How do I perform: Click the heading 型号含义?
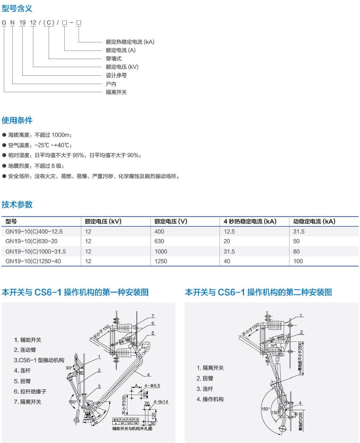point(17,8)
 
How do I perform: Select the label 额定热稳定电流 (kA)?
point(130,42)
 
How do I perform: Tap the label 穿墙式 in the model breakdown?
point(114,59)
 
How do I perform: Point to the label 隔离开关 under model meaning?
point(116,92)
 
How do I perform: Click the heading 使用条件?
point(17,120)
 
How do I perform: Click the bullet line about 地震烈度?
point(36,166)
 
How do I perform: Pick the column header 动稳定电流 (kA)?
point(314,221)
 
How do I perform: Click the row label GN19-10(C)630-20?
point(31,241)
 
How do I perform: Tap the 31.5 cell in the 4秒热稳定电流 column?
point(229,251)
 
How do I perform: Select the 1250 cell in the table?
point(161,261)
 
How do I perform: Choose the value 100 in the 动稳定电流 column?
point(298,261)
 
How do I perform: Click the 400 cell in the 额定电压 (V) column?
point(159,231)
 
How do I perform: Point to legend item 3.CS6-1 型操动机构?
point(39,360)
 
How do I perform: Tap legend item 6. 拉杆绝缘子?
point(30,392)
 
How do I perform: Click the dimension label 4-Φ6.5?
point(152,386)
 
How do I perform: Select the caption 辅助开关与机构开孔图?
point(132,428)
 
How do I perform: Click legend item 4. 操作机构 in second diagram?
point(210,399)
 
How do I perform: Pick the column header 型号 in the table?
point(11,221)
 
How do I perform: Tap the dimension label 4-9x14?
point(161,402)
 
